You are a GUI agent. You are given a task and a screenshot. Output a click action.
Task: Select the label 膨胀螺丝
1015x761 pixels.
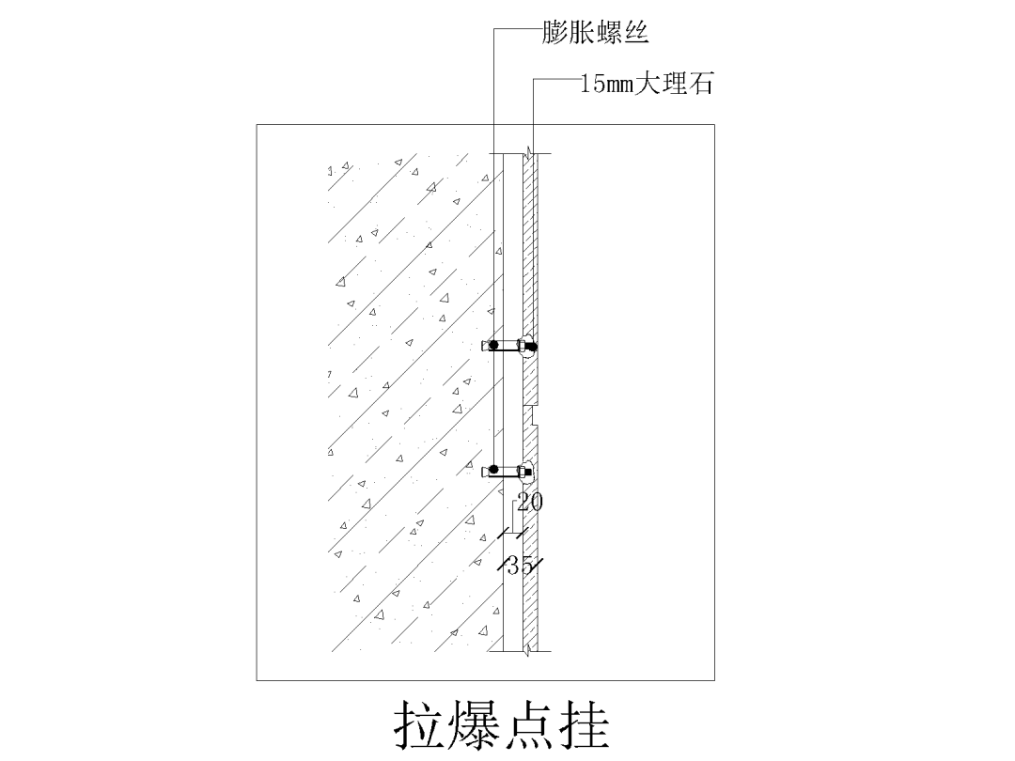(x=595, y=35)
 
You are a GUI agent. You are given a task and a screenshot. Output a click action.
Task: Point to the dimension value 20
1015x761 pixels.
(x=530, y=503)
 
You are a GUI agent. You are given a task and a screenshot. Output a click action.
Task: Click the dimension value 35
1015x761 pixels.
(x=520, y=566)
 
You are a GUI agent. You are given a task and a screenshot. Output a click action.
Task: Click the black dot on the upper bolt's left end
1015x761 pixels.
(x=492, y=346)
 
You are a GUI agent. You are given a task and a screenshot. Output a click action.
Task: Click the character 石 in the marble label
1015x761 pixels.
(x=701, y=85)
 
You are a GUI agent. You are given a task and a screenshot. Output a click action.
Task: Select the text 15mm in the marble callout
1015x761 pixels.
(x=607, y=85)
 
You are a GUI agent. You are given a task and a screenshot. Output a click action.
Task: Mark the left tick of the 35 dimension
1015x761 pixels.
(x=501, y=566)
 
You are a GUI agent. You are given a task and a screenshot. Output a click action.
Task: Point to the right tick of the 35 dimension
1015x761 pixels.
(x=539, y=566)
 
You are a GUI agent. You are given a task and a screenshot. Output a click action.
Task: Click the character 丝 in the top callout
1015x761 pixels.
(x=637, y=35)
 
